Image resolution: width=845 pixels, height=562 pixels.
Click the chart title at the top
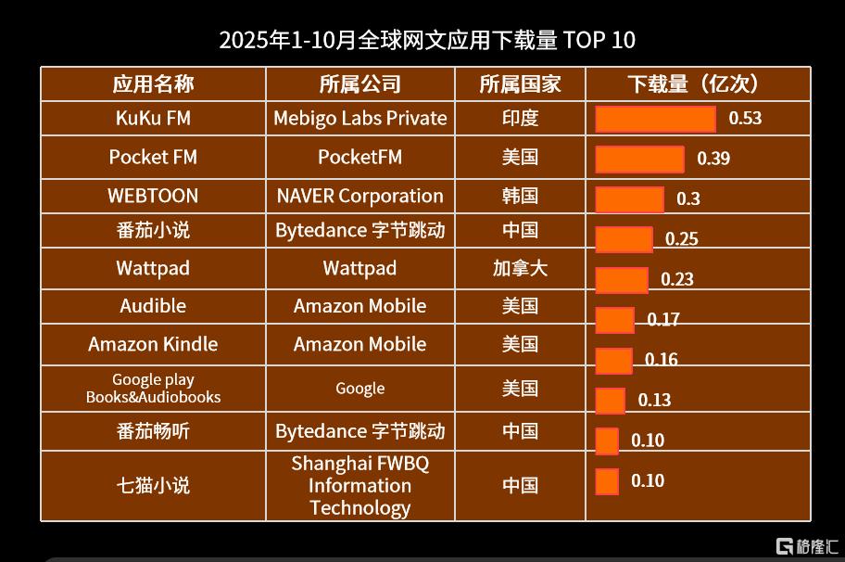click(426, 40)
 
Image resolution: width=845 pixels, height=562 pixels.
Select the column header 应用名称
click(153, 84)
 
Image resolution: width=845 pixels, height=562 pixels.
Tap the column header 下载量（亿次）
click(697, 84)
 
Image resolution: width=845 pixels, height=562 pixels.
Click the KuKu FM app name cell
click(153, 119)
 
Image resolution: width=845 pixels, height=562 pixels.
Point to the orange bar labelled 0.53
click(655, 120)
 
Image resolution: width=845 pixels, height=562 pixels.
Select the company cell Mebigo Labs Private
click(359, 119)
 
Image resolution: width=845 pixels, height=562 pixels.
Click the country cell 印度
click(520, 119)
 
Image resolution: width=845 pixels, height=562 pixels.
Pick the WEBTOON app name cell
click(153, 196)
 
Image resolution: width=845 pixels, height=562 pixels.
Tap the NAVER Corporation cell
click(359, 196)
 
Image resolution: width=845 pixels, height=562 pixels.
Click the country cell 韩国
click(520, 196)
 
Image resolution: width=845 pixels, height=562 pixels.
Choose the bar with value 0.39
click(639, 159)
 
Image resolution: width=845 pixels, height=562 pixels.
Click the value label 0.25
click(682, 239)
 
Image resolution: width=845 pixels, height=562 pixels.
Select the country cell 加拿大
click(520, 268)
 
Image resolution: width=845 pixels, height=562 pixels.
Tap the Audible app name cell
click(153, 306)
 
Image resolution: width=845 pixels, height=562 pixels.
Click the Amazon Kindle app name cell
click(153, 344)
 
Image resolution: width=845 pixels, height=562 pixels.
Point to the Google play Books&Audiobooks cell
click(153, 388)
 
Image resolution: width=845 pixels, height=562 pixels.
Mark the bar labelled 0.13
click(611, 401)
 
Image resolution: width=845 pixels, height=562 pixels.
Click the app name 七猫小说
click(153, 485)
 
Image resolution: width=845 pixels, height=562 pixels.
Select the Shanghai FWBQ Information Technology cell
click(359, 485)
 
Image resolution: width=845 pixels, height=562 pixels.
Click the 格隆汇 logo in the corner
click(807, 545)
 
